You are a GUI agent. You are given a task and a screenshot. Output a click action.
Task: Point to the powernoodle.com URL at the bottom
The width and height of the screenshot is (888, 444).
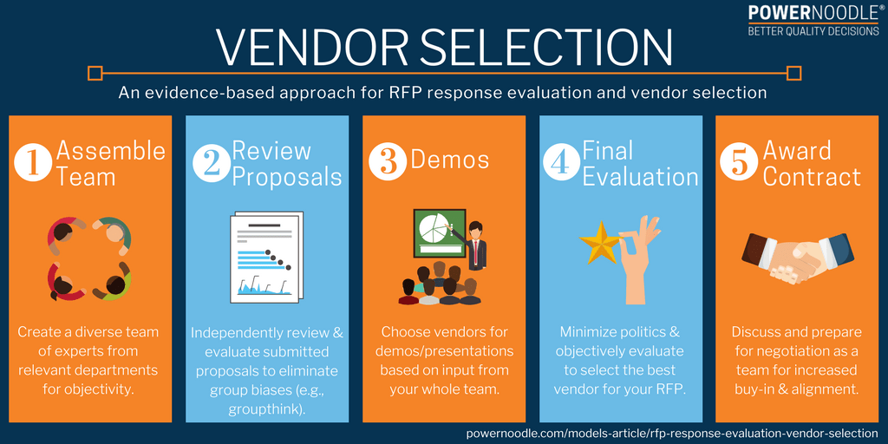672,432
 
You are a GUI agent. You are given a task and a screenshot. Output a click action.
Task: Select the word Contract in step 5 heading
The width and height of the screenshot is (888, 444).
812,177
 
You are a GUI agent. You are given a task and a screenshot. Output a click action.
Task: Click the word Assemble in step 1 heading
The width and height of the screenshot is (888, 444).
110,150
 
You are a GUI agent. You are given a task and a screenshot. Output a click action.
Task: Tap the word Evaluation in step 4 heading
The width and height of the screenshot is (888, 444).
640,177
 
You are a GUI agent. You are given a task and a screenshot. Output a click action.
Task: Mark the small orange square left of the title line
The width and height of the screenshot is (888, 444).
95,73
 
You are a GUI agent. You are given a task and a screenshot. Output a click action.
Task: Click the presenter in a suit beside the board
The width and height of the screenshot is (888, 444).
476,245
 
